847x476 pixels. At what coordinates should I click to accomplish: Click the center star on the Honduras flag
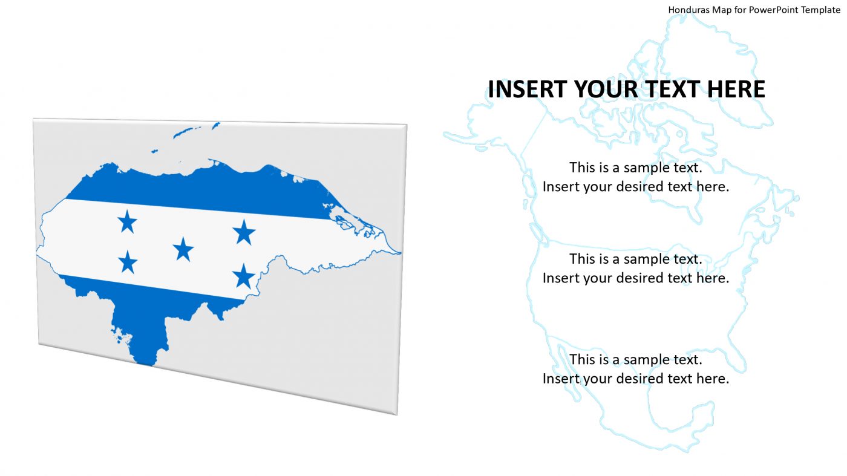[183, 249]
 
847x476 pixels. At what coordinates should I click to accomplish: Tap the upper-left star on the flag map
[127, 222]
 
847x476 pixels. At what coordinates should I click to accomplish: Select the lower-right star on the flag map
[244, 276]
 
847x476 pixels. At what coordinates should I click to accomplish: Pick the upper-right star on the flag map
[244, 232]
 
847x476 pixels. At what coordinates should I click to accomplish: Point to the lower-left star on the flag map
[127, 262]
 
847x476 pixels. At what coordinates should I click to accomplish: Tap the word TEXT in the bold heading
[669, 90]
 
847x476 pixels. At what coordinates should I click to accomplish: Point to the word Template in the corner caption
[820, 10]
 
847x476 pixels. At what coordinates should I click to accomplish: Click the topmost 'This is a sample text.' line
[635, 167]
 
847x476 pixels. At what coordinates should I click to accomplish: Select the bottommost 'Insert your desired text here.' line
[635, 379]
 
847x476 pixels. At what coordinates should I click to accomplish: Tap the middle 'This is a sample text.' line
[635, 259]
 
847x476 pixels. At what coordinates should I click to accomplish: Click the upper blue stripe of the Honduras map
[200, 191]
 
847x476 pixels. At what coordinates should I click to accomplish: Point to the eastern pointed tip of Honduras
[398, 252]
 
